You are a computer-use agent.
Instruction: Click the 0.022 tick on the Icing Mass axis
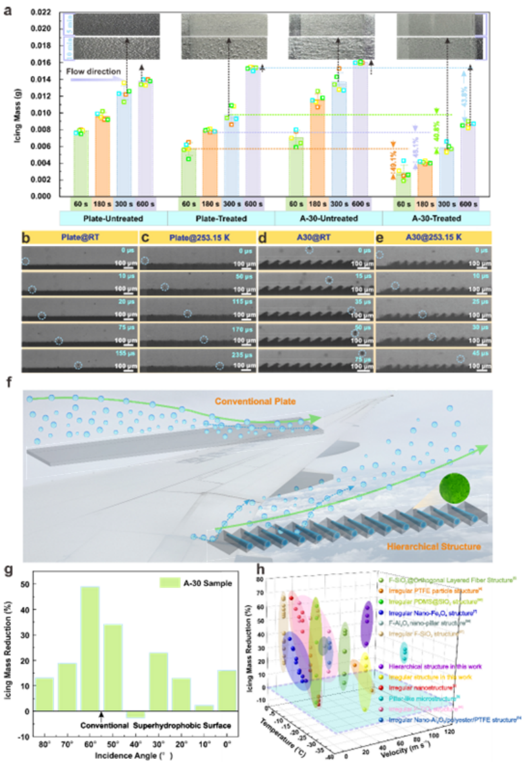tap(41, 12)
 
